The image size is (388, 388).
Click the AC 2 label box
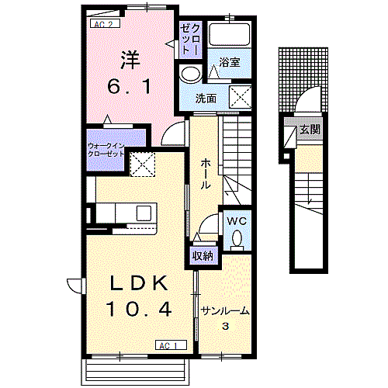pyautogui.click(x=105, y=24)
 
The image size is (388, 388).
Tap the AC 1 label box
pyautogui.click(x=171, y=345)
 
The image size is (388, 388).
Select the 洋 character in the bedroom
pyautogui.click(x=130, y=60)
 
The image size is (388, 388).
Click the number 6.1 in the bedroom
pyautogui.click(x=129, y=87)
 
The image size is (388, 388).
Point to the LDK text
pyautogui.click(x=139, y=283)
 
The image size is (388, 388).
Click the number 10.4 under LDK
pyautogui.click(x=139, y=310)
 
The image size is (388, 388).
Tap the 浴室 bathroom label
pyautogui.click(x=230, y=62)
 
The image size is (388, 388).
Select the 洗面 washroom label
pyautogui.click(x=206, y=99)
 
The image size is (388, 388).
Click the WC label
pyautogui.click(x=237, y=221)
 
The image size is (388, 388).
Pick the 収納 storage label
pyautogui.click(x=203, y=256)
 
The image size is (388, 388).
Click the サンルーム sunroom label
pyautogui.click(x=225, y=311)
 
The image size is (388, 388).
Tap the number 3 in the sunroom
pyautogui.click(x=226, y=326)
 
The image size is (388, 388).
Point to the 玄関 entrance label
pyautogui.click(x=310, y=129)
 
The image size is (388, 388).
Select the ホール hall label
pyautogui.click(x=206, y=174)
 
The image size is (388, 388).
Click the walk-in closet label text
pyautogui.click(x=106, y=150)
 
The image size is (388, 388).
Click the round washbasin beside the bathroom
pyautogui.click(x=192, y=74)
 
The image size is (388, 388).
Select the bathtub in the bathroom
pyautogui.click(x=230, y=35)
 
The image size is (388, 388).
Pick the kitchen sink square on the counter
pyautogui.click(x=144, y=213)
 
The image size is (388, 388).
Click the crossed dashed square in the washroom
pyautogui.click(x=241, y=97)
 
